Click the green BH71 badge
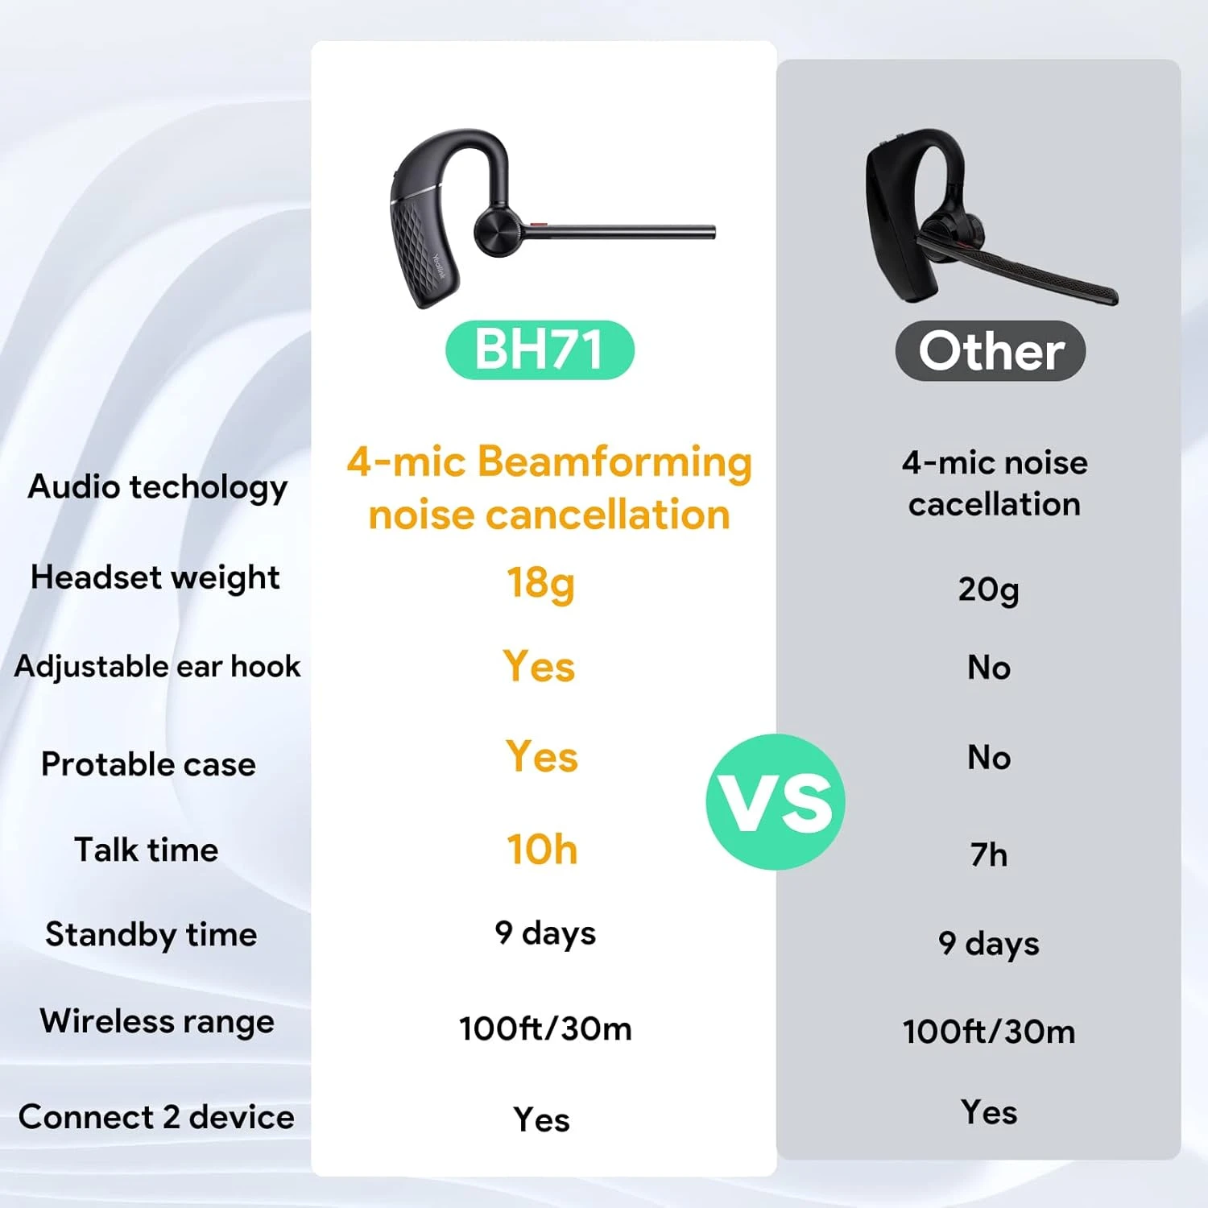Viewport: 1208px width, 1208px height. coord(540,350)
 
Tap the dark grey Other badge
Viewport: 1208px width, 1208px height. coord(991,351)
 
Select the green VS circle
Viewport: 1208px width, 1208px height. coord(776,802)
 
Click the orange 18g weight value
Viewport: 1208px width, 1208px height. coord(540,583)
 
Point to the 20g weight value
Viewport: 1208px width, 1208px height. coord(988,590)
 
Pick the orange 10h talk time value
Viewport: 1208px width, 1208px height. coord(542,850)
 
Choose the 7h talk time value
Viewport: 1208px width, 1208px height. coord(989,854)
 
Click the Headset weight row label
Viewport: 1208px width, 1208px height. coord(155,577)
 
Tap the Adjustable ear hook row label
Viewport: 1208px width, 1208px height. coord(157,667)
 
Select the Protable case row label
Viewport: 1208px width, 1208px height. coord(148,764)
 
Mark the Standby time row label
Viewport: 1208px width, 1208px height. coord(151,934)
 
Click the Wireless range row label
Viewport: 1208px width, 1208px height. coord(157,1021)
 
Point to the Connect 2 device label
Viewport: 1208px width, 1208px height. coord(156,1117)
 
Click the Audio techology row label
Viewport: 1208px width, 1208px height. coord(157,487)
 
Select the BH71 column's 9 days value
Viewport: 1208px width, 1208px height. coord(545,933)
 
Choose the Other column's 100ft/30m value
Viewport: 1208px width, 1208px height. coord(989,1032)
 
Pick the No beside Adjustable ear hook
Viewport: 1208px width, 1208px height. coord(989,668)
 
